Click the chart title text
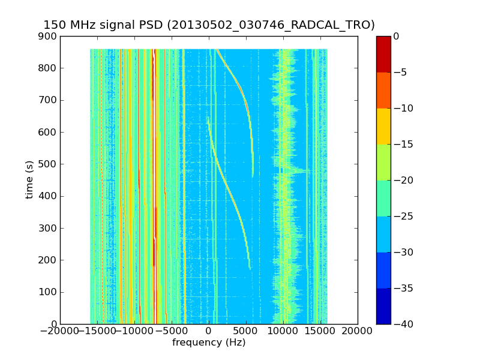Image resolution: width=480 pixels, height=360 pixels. [209, 25]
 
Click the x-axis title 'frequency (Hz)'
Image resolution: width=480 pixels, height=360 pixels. [209, 343]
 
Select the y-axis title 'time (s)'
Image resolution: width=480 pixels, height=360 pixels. [29, 180]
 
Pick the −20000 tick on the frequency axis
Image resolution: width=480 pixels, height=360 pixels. [60, 331]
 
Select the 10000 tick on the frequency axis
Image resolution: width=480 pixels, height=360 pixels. [283, 331]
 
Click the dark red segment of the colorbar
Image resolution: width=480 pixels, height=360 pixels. [383, 54]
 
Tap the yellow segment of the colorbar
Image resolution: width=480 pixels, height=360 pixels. [383, 126]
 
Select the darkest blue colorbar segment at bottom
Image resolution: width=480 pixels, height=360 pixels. [383, 306]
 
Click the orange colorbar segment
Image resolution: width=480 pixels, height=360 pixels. [383, 90]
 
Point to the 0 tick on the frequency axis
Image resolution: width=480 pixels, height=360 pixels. [209, 331]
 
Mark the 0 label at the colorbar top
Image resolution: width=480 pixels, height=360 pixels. [396, 37]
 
